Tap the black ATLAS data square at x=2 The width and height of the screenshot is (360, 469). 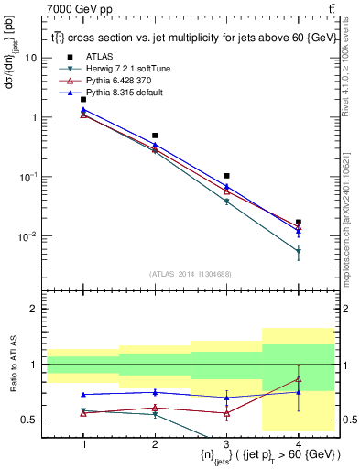click(155, 136)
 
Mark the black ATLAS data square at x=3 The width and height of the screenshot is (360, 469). click(226, 175)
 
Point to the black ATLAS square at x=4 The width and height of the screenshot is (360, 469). click(298, 222)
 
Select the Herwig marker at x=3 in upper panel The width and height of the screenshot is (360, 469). click(226, 201)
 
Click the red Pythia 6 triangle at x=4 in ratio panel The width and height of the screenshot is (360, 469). click(298, 379)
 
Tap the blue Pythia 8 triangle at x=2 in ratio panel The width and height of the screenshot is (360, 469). click(155, 392)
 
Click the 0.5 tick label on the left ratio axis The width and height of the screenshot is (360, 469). click(29, 420)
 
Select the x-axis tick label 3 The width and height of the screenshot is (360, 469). click(226, 444)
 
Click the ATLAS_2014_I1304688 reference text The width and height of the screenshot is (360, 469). click(190, 274)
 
